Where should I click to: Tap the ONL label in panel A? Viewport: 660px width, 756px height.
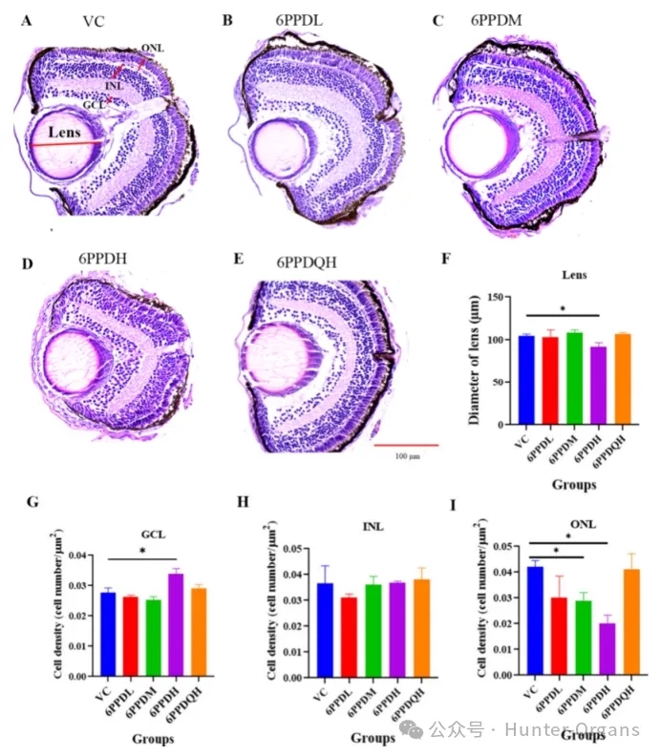pyautogui.click(x=152, y=47)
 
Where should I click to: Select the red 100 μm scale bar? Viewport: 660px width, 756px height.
pyautogui.click(x=405, y=445)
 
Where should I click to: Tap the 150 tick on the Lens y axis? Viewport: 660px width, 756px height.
pyautogui.click(x=503, y=297)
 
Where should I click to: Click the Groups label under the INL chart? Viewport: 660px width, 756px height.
pyautogui.click(x=373, y=737)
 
